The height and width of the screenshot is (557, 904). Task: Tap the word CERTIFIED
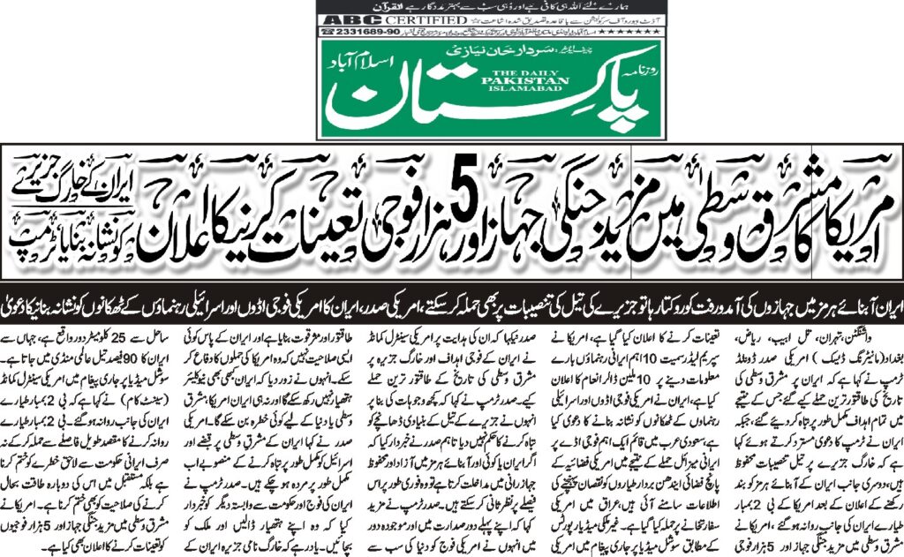point(388,19)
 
